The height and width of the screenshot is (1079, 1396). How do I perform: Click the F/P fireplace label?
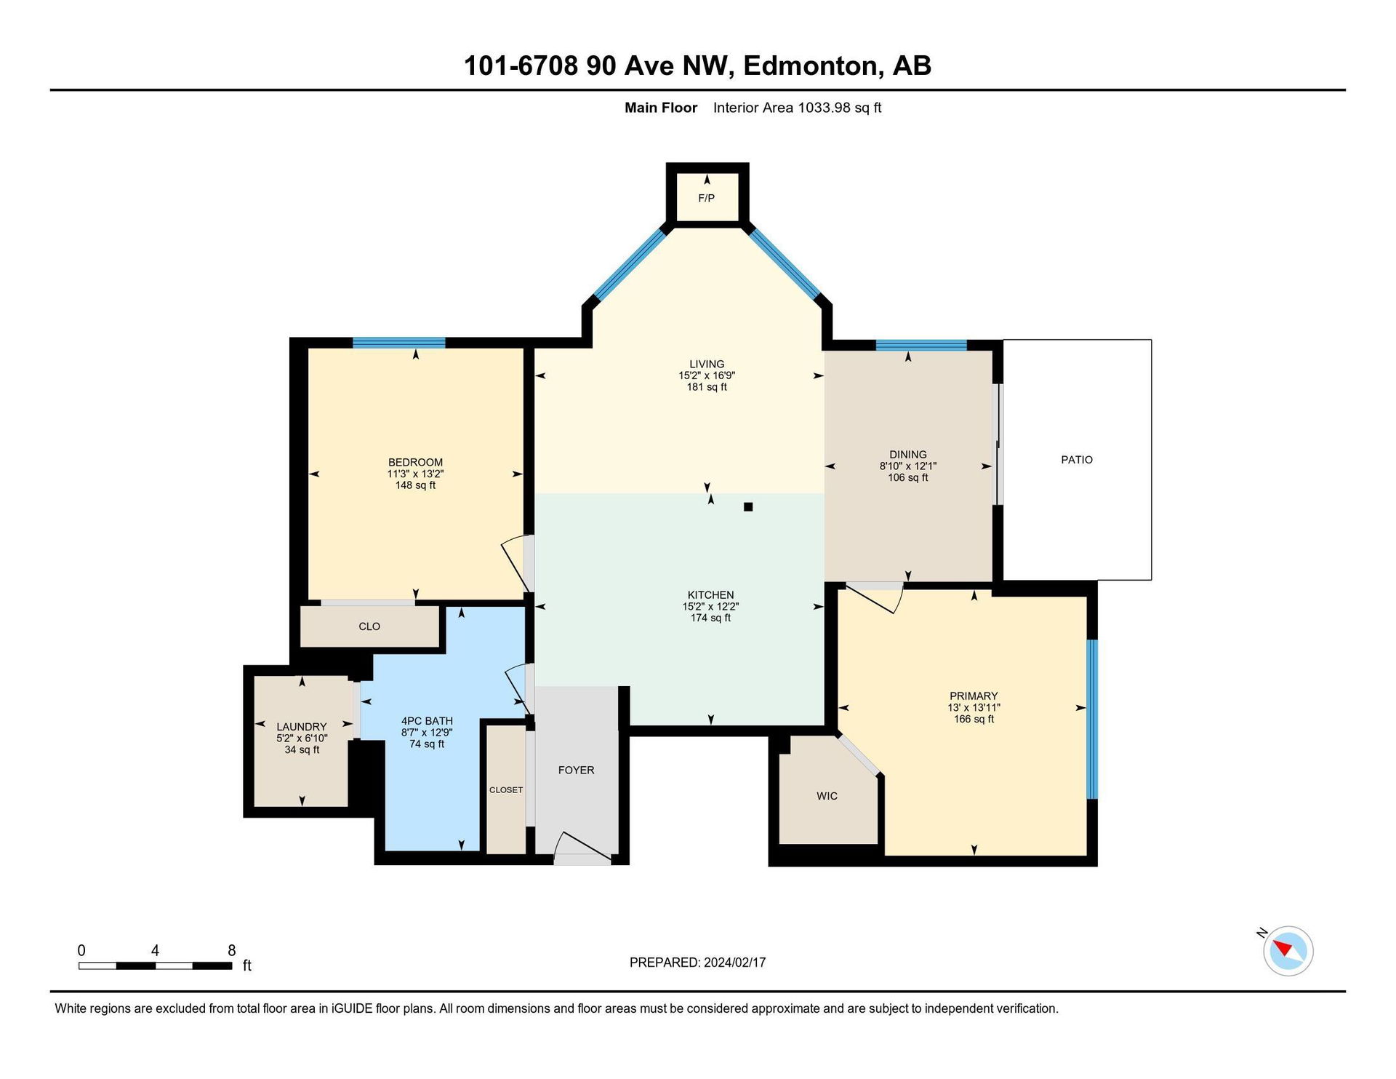[706, 198]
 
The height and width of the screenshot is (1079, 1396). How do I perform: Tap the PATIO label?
[1077, 460]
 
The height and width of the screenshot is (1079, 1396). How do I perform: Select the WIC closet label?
[827, 796]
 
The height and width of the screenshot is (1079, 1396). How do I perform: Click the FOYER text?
[576, 770]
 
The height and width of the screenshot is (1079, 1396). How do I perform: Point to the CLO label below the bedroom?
[369, 626]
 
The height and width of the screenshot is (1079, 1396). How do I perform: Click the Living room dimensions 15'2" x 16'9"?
[707, 375]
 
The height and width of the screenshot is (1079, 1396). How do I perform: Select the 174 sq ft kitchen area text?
[710, 618]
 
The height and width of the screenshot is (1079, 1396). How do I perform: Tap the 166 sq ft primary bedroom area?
[974, 719]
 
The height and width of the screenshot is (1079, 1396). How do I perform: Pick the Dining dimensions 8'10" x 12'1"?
[907, 466]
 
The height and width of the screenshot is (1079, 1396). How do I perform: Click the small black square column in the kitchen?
[748, 507]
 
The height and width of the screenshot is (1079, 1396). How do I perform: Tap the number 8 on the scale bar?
[232, 950]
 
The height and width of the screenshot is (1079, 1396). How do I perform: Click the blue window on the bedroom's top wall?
[399, 343]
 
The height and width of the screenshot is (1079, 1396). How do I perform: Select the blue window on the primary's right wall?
[1092, 719]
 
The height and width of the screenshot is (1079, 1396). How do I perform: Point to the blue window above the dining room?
[921, 345]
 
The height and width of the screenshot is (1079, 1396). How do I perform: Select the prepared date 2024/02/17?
[735, 963]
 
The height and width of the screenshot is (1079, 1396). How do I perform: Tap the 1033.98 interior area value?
[824, 108]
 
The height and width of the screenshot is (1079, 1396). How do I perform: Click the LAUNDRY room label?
[302, 727]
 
